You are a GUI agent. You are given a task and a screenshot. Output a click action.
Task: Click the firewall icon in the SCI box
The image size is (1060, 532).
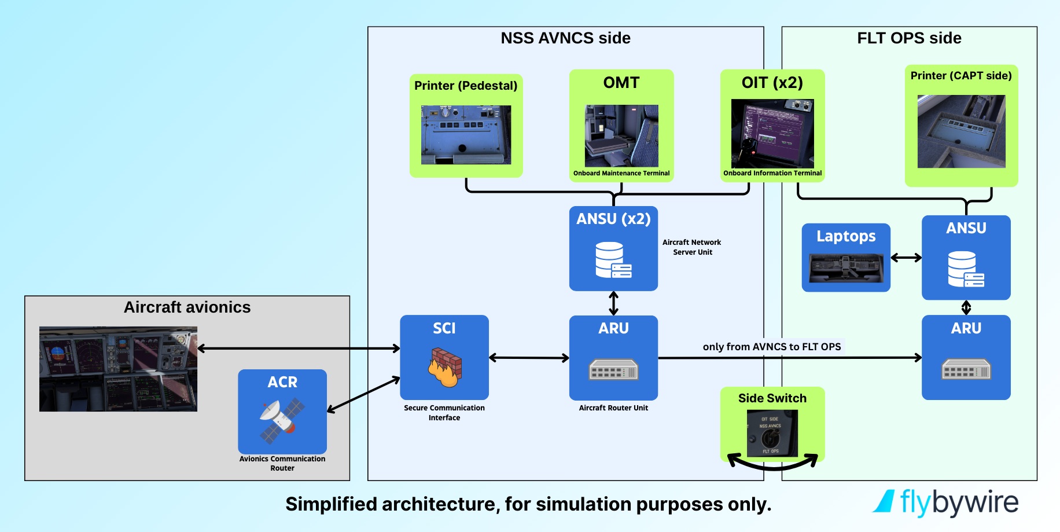coord(445,367)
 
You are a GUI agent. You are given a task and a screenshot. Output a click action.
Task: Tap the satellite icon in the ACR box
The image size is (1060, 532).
coord(282,420)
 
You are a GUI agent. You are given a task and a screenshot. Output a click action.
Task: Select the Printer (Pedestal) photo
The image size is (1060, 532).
coord(466,135)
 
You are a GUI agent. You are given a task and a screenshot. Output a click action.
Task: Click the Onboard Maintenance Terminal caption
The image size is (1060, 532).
coord(621,173)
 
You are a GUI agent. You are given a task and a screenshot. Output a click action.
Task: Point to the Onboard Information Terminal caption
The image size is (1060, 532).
coord(772,173)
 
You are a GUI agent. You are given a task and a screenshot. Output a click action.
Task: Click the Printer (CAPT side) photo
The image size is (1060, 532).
coord(961,131)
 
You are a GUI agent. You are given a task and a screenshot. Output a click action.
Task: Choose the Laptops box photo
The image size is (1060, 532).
coord(846,267)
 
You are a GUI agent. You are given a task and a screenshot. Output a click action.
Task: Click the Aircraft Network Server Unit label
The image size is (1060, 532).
coord(692,247)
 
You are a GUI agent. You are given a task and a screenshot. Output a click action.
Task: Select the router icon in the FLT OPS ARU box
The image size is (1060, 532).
coord(966,369)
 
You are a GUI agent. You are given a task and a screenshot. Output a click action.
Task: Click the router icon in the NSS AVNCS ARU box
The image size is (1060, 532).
coord(613,369)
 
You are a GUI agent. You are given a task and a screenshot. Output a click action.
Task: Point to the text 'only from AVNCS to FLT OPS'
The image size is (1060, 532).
coord(772,347)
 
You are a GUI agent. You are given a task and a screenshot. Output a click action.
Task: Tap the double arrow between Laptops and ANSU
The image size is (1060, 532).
coord(906,258)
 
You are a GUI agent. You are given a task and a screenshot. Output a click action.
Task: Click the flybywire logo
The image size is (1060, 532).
coord(946,502)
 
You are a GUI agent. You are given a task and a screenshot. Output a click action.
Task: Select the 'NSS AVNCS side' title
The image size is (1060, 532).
coord(565,38)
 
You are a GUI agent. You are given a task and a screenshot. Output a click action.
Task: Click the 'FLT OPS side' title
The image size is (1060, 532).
coord(909,38)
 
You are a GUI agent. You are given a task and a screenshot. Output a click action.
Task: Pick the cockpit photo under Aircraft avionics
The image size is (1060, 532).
coord(118,369)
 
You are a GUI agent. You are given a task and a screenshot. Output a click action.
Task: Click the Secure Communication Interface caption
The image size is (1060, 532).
coord(444,413)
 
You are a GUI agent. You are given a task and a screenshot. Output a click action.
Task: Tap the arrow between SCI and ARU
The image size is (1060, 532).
coord(529,358)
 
